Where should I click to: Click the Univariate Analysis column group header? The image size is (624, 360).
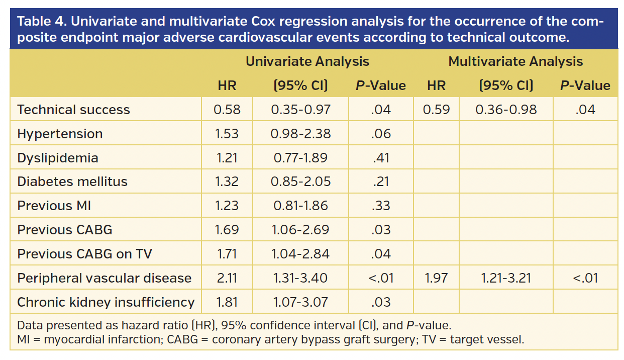307,62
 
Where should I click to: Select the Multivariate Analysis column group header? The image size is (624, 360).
515,62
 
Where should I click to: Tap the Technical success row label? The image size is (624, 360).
73,110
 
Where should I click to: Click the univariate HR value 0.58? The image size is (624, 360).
227,110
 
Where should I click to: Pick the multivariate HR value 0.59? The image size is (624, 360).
436,110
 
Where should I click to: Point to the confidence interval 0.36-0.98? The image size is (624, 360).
506,110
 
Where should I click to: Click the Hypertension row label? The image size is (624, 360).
60,134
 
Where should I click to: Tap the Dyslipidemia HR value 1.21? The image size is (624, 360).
227,158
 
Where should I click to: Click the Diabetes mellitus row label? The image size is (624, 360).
72,182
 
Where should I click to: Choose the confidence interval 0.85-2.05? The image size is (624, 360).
300,182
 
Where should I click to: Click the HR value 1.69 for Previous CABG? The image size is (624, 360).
227,230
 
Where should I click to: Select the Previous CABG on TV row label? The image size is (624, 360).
84,254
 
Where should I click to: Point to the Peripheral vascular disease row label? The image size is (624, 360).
105,278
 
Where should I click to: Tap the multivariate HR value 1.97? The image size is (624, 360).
436,278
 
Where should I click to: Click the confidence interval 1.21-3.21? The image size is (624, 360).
506,278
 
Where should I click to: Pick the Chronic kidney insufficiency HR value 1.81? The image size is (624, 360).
227,302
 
